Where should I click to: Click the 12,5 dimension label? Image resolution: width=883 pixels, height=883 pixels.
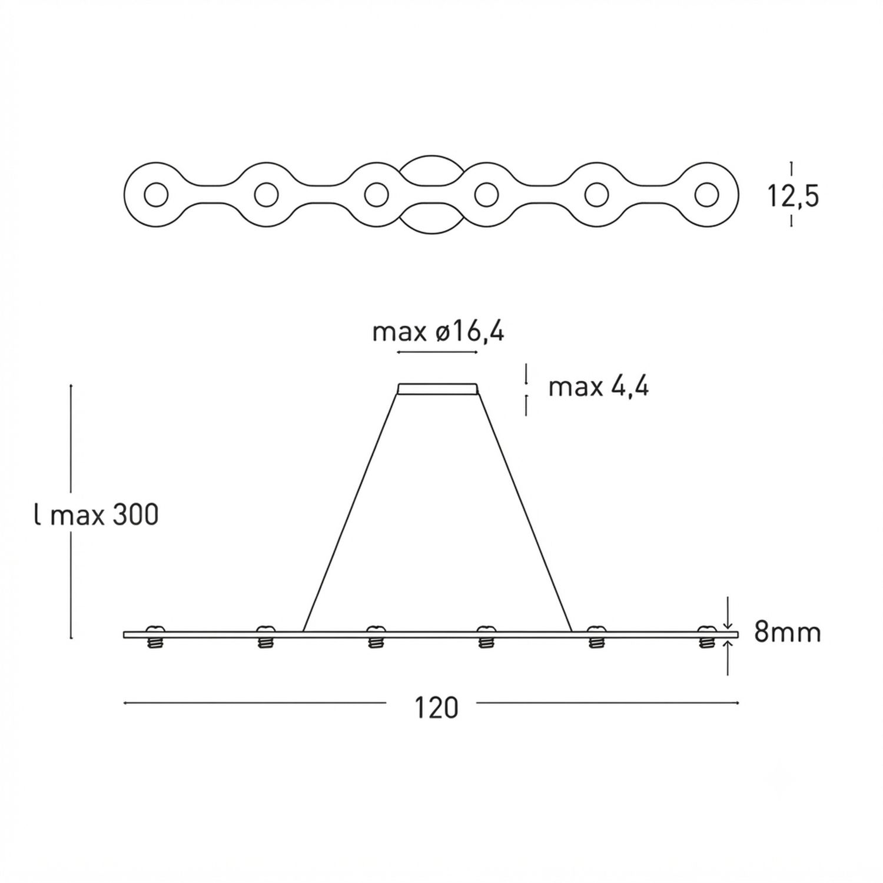(793, 196)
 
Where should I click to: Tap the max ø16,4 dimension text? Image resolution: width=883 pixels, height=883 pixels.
(439, 333)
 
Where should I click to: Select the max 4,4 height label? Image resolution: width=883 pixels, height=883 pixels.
(599, 387)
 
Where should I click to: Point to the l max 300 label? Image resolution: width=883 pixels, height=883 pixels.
(96, 516)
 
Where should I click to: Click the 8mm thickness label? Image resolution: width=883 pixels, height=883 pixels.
(788, 633)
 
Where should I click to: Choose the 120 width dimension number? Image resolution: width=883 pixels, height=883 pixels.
(436, 708)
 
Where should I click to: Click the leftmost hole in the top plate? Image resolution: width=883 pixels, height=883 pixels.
(156, 194)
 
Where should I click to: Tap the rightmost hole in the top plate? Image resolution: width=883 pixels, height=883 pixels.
(706, 194)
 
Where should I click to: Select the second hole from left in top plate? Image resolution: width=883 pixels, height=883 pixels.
(266, 194)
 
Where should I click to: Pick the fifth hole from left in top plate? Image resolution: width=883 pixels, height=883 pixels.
(596, 194)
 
